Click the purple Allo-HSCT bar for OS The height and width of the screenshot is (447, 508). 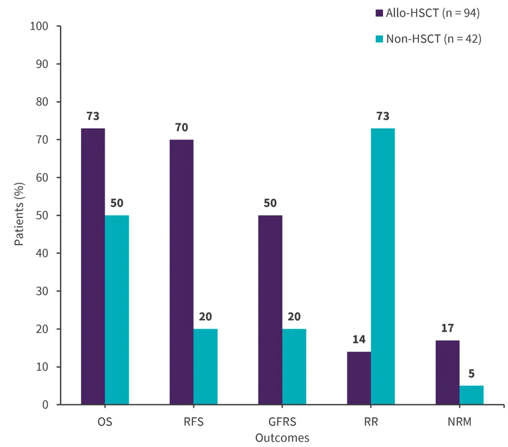point(93,266)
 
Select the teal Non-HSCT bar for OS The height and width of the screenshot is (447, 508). point(117,310)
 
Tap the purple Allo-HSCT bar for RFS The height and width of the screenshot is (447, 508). point(181,272)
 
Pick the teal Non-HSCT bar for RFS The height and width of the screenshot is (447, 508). point(205,367)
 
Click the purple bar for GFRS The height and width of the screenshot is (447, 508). point(270,310)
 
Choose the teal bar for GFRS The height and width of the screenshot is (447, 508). point(294,367)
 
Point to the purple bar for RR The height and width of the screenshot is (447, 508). point(359,378)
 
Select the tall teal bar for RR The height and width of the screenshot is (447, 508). point(383,266)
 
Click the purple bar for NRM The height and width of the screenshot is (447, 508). point(448,372)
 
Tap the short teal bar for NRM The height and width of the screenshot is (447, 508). point(471,395)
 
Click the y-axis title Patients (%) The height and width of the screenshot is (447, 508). point(19,216)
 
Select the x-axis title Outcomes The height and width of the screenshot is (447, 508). point(282,437)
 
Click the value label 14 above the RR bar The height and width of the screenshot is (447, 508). point(359,339)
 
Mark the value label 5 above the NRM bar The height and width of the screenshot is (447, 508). point(471,373)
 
